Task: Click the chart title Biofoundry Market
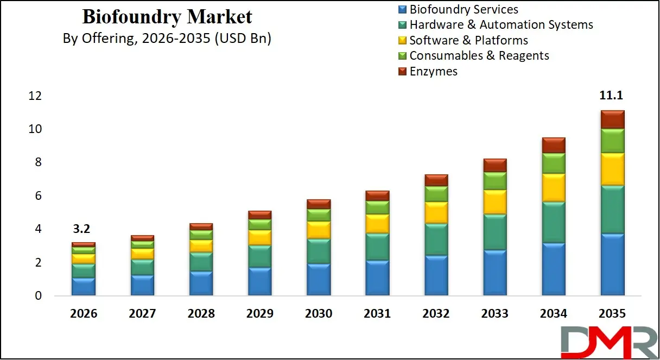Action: coord(167,17)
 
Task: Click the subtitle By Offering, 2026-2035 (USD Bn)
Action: coord(167,39)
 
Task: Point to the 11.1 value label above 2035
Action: coord(612,96)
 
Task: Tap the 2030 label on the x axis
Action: coord(318,314)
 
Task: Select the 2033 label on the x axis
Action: coord(494,314)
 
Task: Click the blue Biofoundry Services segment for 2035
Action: coord(612,264)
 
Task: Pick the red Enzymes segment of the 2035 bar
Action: coord(612,119)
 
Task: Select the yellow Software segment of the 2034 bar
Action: coord(553,187)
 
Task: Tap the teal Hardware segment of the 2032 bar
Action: coord(436,239)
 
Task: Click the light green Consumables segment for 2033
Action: coord(494,181)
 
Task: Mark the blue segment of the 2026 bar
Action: coord(83,286)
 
